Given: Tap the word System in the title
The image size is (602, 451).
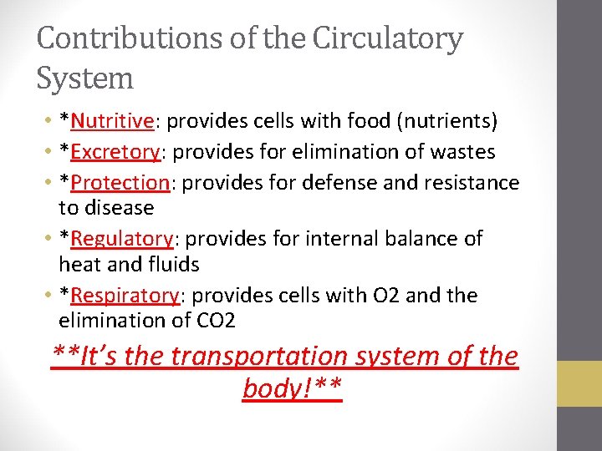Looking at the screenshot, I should click(x=85, y=79).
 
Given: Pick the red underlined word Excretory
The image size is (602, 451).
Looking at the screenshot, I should click(x=115, y=152).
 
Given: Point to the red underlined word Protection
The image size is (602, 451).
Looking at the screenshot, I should click(x=120, y=182).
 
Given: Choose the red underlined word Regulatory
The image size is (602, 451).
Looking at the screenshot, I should click(x=122, y=239).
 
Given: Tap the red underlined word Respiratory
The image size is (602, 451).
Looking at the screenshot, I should click(x=125, y=296).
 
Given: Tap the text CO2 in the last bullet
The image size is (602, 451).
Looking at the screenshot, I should click(x=218, y=321).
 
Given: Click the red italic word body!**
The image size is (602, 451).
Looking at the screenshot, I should click(x=293, y=388).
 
